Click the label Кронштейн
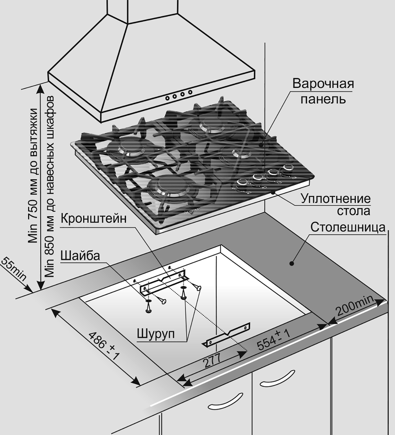[x=93, y=218]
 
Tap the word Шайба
[x=80, y=256]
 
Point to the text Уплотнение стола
[x=336, y=205]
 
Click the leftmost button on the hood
[x=168, y=98]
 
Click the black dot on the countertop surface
[x=291, y=263]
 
